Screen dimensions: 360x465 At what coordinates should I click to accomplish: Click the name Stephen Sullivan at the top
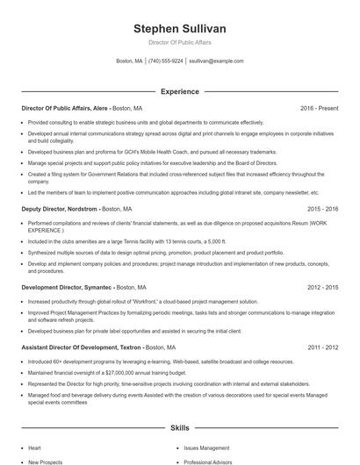[x=179, y=28]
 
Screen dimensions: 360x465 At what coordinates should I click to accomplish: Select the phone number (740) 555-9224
[x=166, y=61]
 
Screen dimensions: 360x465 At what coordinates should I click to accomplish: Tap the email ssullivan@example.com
[x=216, y=61]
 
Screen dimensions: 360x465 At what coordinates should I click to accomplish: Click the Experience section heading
[x=179, y=91]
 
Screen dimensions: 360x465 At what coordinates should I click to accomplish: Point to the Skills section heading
[x=179, y=428]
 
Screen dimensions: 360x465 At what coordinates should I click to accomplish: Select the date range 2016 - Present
[x=319, y=108]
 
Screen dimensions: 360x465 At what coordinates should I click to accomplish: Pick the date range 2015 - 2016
[x=322, y=210]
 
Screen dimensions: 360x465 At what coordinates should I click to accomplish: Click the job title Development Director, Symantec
[x=66, y=287]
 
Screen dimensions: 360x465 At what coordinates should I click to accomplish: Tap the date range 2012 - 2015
[x=322, y=287]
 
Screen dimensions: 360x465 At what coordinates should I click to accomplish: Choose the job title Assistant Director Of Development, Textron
[x=81, y=347]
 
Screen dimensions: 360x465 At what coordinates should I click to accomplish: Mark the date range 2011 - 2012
[x=322, y=347]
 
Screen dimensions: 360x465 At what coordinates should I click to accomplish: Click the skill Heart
[x=34, y=447]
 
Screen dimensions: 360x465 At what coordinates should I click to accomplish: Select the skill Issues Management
[x=205, y=447]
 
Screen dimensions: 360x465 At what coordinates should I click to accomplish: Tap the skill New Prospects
[x=45, y=461]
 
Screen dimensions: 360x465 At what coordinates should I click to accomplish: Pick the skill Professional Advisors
[x=209, y=461]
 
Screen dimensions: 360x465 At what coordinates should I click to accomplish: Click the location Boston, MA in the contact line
[x=129, y=61]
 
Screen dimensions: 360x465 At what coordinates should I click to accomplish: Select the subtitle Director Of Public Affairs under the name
[x=179, y=42]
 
